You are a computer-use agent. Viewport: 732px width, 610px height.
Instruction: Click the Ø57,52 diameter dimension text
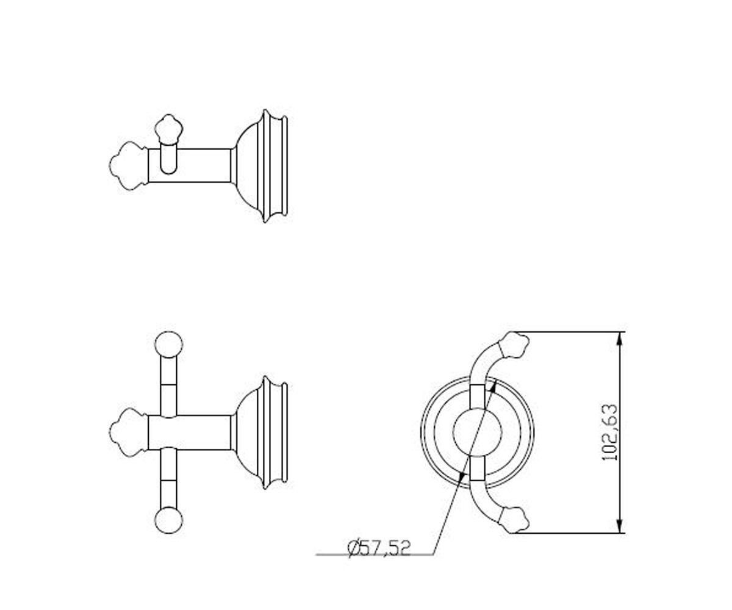(x=379, y=549)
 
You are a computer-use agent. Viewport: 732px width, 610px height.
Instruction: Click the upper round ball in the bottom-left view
(x=168, y=345)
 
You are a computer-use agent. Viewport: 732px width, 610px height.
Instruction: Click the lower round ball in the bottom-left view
(x=168, y=520)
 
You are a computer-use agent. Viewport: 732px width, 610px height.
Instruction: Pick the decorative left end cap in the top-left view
(x=128, y=166)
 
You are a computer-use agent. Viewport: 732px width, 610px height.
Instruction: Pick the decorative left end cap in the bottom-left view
(x=128, y=432)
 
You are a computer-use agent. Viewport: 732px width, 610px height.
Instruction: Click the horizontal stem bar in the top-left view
(x=190, y=166)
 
